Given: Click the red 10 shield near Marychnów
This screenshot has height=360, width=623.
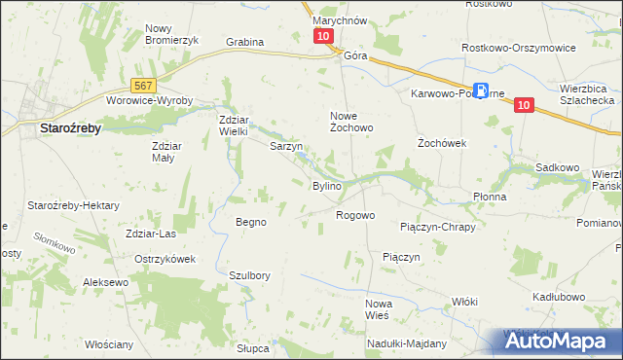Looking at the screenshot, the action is (323, 36).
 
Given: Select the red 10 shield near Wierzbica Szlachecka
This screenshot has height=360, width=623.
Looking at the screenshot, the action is (524, 105).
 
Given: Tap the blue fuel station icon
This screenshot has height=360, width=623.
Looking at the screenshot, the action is (473, 85).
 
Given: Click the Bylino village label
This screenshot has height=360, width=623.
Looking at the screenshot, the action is (326, 186).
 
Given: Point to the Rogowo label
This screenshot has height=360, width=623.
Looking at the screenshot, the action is (355, 215).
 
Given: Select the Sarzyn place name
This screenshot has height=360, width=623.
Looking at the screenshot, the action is (286, 147).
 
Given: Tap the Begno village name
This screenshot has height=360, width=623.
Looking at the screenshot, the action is (251, 222).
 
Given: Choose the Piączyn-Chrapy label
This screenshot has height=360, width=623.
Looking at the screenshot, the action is (437, 227).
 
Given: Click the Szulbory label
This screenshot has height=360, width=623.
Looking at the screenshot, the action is (248, 275).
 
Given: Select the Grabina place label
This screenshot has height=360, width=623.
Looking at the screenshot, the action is (245, 42).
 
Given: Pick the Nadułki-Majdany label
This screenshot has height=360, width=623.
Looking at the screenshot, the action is (407, 343).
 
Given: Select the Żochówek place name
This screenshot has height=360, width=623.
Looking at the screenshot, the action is (443, 142).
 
